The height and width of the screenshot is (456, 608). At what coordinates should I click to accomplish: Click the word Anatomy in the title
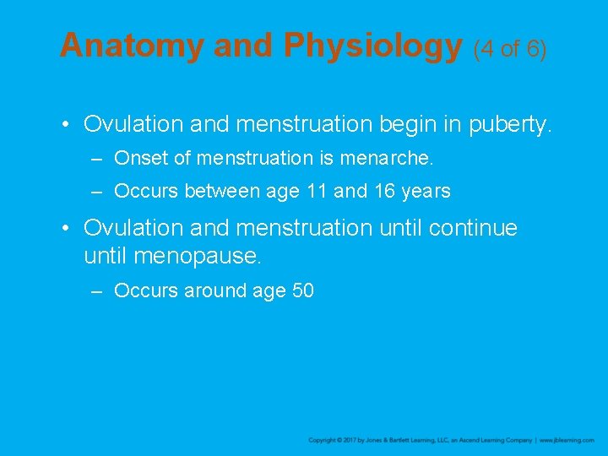[131, 46]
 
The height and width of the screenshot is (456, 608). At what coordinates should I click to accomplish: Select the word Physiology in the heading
[372, 46]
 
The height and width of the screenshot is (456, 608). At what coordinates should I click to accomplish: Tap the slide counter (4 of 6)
[510, 48]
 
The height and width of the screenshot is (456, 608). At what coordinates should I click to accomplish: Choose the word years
[426, 192]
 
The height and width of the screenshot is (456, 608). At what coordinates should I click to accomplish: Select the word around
[211, 290]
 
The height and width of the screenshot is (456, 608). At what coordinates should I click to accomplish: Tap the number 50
[302, 290]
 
